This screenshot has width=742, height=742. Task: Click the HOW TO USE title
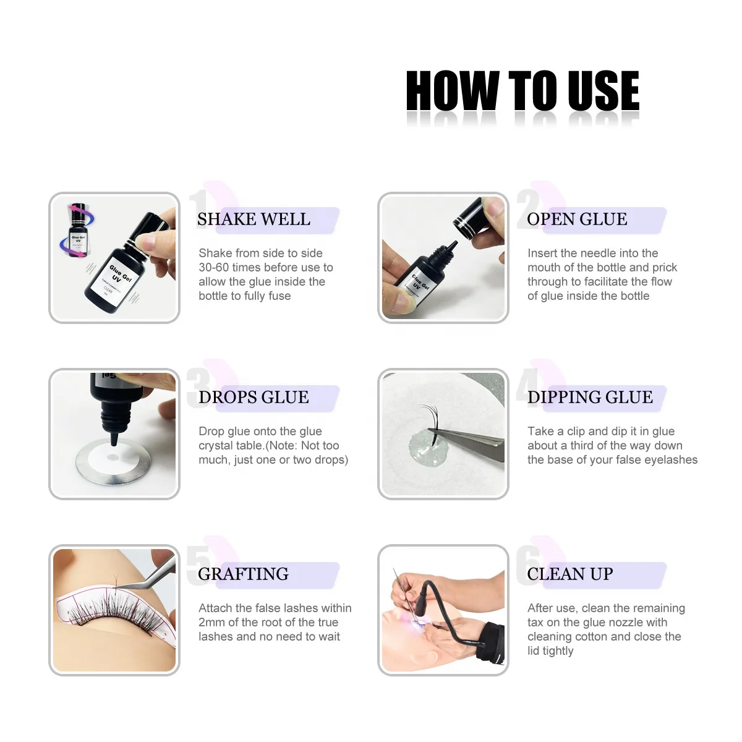pos(522,91)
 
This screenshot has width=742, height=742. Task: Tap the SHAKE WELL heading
pos(254,219)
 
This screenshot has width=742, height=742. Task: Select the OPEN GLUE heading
pos(577,219)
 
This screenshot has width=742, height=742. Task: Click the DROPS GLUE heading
pos(254,397)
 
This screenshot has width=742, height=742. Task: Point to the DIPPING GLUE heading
pos(590,397)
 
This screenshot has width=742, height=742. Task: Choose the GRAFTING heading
pos(244,574)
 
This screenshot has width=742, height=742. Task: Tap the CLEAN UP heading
pos(570,574)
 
